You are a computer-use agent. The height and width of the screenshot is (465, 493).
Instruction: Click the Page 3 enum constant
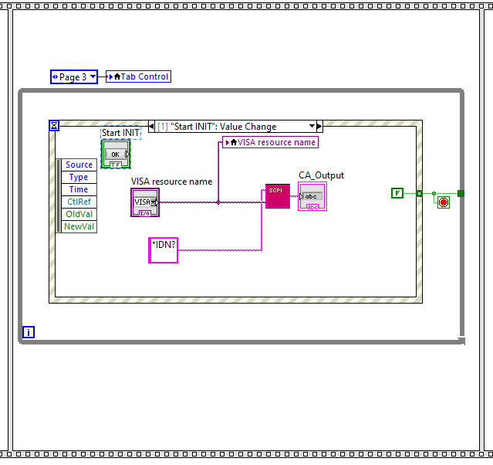click(73, 76)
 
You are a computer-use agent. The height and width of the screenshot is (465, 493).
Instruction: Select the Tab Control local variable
click(138, 76)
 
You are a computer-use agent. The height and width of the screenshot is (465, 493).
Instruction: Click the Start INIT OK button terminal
click(116, 154)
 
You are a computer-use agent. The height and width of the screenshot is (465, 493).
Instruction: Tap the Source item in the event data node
click(79, 165)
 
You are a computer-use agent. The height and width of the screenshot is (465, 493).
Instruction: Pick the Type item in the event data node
click(79, 177)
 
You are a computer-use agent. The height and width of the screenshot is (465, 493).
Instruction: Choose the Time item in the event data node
click(79, 189)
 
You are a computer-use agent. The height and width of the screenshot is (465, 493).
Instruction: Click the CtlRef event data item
click(79, 202)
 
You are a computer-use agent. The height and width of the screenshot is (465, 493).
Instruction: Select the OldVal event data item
click(79, 214)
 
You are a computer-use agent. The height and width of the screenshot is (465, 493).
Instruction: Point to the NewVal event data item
click(79, 226)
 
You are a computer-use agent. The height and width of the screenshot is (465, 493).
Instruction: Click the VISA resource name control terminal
click(145, 202)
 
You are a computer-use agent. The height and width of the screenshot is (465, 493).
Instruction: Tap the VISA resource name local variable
click(270, 142)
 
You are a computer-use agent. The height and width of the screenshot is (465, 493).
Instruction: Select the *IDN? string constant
click(164, 250)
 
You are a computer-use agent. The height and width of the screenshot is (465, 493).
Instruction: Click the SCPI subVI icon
click(277, 196)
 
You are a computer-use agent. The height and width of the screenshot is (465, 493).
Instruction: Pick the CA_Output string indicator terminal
click(312, 196)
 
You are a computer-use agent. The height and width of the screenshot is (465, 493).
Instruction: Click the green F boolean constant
click(397, 193)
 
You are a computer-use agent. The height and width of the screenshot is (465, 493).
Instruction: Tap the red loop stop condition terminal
click(444, 202)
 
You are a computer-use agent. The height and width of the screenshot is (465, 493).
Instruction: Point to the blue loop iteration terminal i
click(29, 332)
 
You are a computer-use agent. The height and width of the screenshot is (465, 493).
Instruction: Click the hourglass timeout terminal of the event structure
click(54, 125)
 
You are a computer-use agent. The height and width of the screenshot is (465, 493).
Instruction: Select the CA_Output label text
click(321, 175)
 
